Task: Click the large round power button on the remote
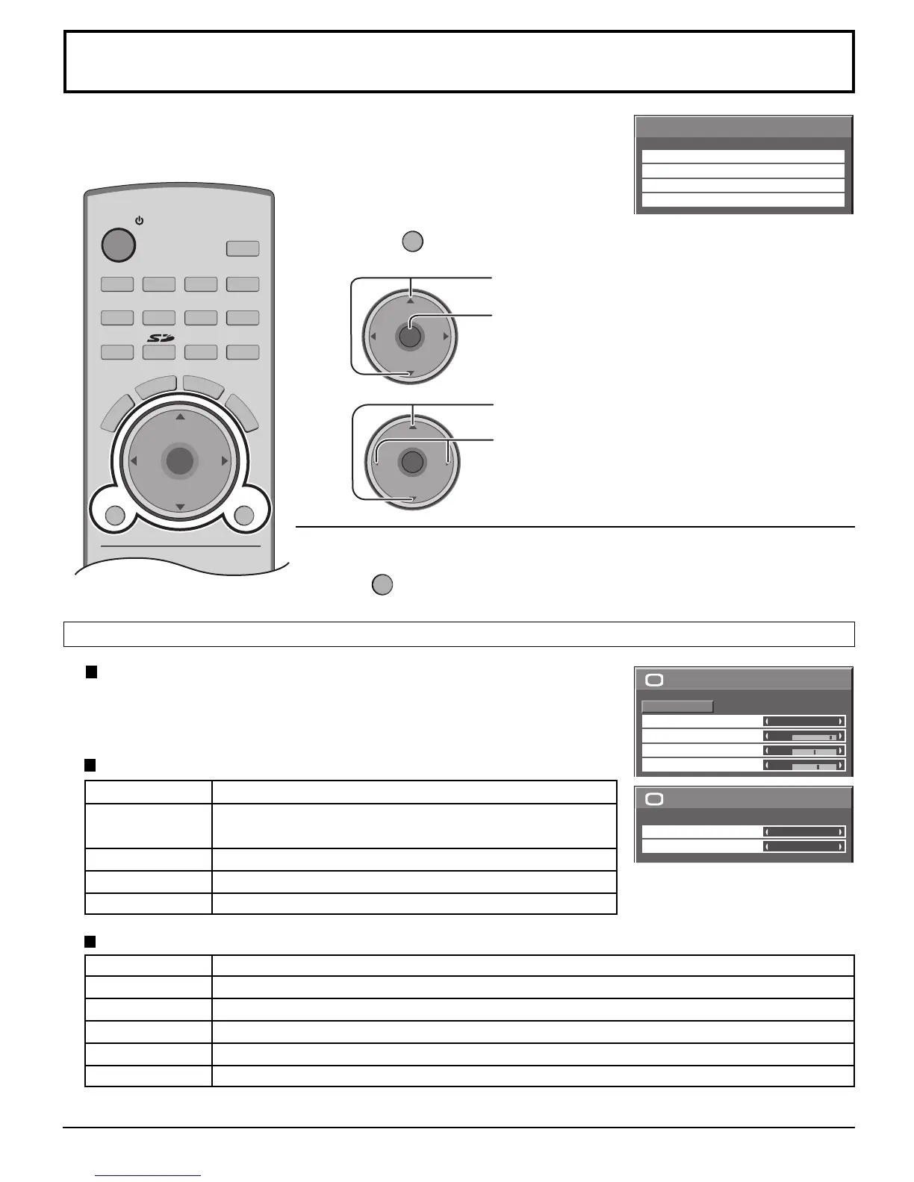click(118, 244)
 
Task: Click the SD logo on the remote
click(158, 338)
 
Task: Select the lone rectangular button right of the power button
click(243, 248)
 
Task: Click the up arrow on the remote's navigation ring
click(179, 416)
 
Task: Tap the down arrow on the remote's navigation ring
click(179, 507)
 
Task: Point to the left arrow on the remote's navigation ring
click(134, 462)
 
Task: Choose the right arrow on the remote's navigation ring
click(224, 462)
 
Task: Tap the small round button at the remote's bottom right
click(244, 515)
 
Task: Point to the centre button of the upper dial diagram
click(409, 337)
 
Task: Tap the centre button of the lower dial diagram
click(411, 462)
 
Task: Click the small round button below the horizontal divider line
click(382, 585)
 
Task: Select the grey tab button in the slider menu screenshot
click(677, 706)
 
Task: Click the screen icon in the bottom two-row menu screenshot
click(654, 799)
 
